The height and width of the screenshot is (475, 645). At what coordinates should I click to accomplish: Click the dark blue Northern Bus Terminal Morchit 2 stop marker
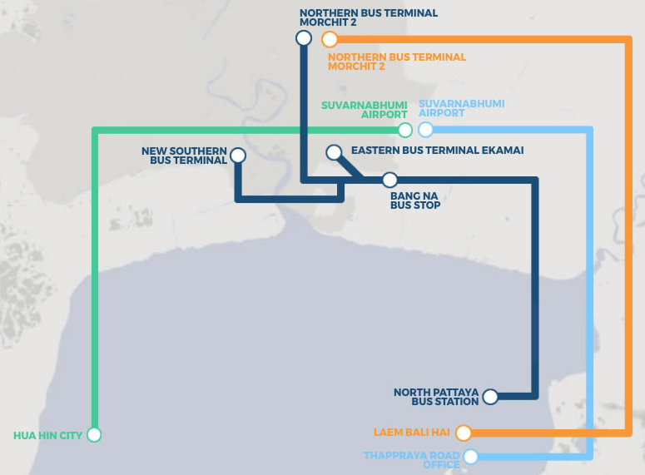click(x=304, y=38)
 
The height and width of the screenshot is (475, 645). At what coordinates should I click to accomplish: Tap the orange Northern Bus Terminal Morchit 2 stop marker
click(x=330, y=39)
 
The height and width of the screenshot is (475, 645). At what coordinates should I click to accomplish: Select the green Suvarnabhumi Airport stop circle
click(x=405, y=130)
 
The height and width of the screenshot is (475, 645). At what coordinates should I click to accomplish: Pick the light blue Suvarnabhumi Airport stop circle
click(x=426, y=130)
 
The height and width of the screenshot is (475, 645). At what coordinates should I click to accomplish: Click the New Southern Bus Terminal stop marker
click(x=238, y=156)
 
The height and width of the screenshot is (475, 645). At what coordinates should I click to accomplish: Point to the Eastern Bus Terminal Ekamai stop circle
click(x=334, y=152)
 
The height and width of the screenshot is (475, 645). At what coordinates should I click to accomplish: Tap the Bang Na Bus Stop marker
click(x=389, y=180)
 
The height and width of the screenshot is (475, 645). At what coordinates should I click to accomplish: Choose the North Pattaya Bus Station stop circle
click(x=490, y=397)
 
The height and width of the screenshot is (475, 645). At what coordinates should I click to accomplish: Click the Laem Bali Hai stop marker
click(x=464, y=433)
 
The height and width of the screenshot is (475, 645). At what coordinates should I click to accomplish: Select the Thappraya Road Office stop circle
click(x=470, y=457)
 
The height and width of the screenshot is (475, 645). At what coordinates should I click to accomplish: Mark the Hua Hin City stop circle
click(x=94, y=435)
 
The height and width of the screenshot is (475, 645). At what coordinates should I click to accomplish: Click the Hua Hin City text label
click(x=47, y=436)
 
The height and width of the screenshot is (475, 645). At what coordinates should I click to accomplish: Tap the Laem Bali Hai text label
click(x=412, y=433)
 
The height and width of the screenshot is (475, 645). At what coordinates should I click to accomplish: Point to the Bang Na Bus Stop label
click(x=415, y=200)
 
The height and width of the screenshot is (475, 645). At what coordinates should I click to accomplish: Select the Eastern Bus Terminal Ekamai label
click(x=437, y=150)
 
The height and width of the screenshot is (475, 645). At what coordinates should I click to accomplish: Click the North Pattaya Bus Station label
click(x=436, y=397)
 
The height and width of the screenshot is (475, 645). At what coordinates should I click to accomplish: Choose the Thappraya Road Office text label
click(x=412, y=460)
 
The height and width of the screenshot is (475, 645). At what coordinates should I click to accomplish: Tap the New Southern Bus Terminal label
click(x=184, y=156)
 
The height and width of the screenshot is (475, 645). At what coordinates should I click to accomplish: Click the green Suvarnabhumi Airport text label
click(x=365, y=110)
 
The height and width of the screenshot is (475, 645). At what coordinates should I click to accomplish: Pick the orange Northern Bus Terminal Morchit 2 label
click(x=397, y=62)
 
